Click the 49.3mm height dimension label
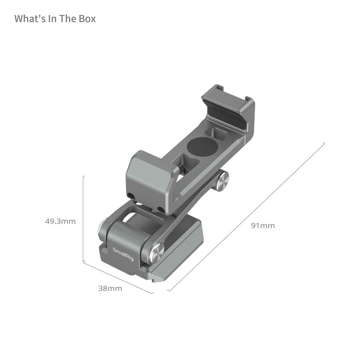[x=60, y=221]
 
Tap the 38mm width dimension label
[x=110, y=288]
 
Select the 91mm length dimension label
[x=263, y=226]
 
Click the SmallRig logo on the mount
[x=123, y=254]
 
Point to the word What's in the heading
[x=30, y=19]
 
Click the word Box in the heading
[x=87, y=19]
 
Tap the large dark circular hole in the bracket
[x=202, y=147]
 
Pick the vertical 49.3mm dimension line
[x=83, y=219]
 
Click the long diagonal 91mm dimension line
[x=246, y=217]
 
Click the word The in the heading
[x=68, y=19]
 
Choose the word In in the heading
[x=52, y=19]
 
